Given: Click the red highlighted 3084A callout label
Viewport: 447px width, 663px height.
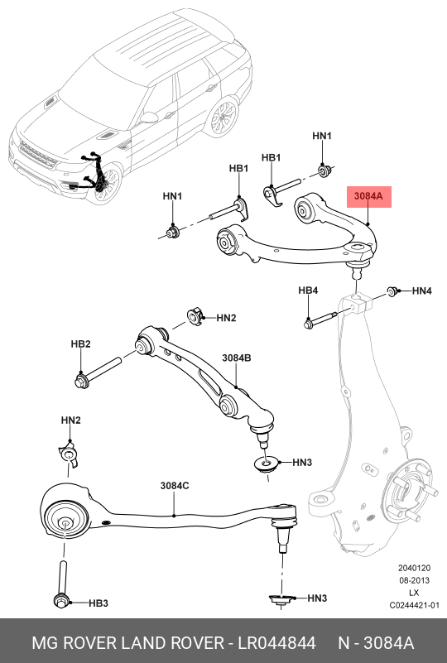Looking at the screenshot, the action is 368,197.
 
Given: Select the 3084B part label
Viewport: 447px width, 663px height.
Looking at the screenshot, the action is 237,358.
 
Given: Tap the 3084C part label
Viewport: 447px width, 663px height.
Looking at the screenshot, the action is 175,486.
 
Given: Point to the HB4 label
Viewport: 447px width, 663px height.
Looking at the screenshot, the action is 308,291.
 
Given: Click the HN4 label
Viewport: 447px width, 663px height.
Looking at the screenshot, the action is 421,291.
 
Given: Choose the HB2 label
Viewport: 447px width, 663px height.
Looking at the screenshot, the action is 80,344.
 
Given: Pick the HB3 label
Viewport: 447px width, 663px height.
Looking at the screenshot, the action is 99,603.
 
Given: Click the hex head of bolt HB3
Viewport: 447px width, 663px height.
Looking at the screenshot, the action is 60,600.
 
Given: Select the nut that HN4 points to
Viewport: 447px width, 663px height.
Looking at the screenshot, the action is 392,291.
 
